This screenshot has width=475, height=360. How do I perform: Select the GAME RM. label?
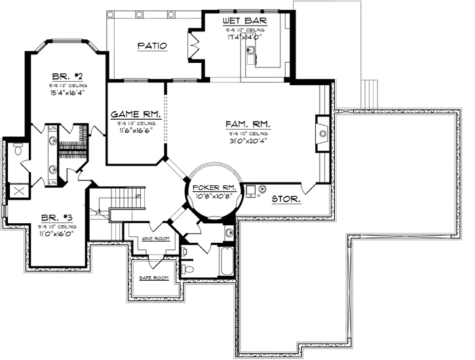point(136,113)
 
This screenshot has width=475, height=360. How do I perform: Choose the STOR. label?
point(286,198)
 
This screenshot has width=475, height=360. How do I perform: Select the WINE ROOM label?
point(156,239)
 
